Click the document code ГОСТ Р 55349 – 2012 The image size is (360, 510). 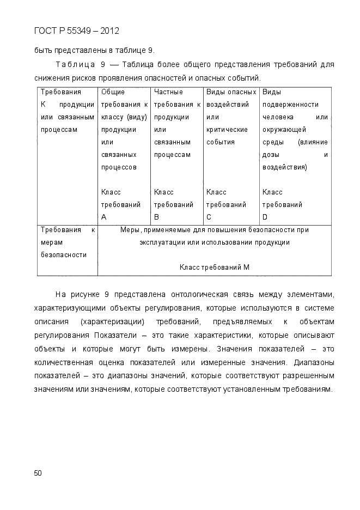[x=76, y=31]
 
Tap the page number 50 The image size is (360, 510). [x=38, y=472]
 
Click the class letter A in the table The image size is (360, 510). [x=104, y=217]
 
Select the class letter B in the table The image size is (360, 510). [x=157, y=217]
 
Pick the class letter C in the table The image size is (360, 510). [x=209, y=217]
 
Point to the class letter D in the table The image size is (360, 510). [x=265, y=217]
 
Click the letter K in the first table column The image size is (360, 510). [x=44, y=104]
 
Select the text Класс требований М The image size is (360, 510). [x=215, y=267]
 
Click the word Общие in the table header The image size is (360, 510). [x=113, y=92]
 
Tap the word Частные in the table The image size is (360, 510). [x=168, y=92]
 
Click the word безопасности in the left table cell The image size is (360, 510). [x=64, y=254]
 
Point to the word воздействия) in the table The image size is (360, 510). [x=284, y=167]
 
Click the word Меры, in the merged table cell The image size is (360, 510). [x=131, y=230]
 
